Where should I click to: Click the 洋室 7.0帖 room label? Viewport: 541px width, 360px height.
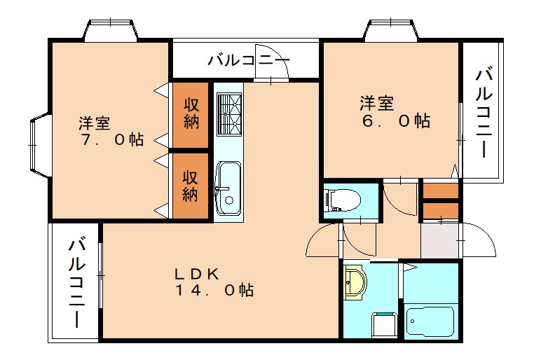click(x=111, y=132)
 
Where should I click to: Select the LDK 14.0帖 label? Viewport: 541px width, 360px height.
click(x=214, y=281)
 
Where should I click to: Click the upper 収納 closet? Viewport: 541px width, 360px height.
click(x=191, y=113)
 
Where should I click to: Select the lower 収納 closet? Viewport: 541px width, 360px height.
click(x=191, y=185)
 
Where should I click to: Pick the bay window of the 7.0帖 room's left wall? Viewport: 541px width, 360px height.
click(x=39, y=144)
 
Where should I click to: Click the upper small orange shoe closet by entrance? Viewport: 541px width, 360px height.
click(x=439, y=191)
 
